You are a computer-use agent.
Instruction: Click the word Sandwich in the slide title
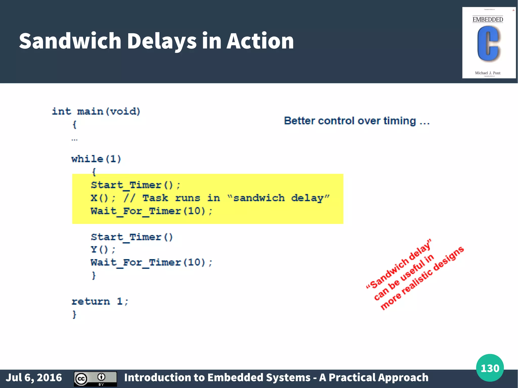(70, 41)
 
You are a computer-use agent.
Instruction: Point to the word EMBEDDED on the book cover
(488, 20)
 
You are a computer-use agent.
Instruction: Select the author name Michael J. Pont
(488, 73)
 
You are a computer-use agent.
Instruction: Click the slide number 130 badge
(490, 368)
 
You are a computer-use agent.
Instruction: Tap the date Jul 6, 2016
(34, 378)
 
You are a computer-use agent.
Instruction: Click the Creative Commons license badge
(95, 379)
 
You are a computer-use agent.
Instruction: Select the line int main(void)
(96, 111)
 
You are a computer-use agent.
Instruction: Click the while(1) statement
(96, 159)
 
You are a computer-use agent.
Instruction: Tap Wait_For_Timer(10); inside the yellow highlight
(152, 211)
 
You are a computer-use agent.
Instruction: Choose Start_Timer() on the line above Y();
(132, 237)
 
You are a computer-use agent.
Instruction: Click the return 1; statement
(100, 301)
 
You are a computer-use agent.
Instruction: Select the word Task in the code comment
(155, 198)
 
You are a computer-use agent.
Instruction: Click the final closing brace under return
(74, 314)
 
